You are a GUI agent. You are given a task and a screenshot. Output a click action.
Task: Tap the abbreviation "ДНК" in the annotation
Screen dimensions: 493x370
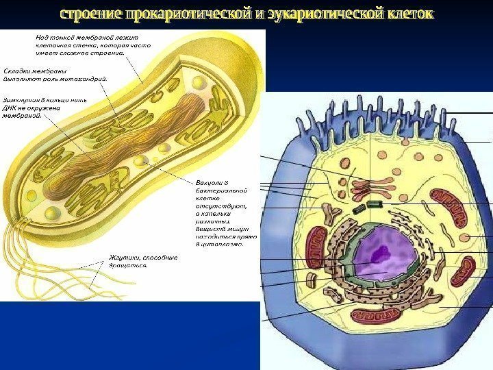tap(13, 108)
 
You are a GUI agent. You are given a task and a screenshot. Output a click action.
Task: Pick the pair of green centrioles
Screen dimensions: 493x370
tap(375, 205)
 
